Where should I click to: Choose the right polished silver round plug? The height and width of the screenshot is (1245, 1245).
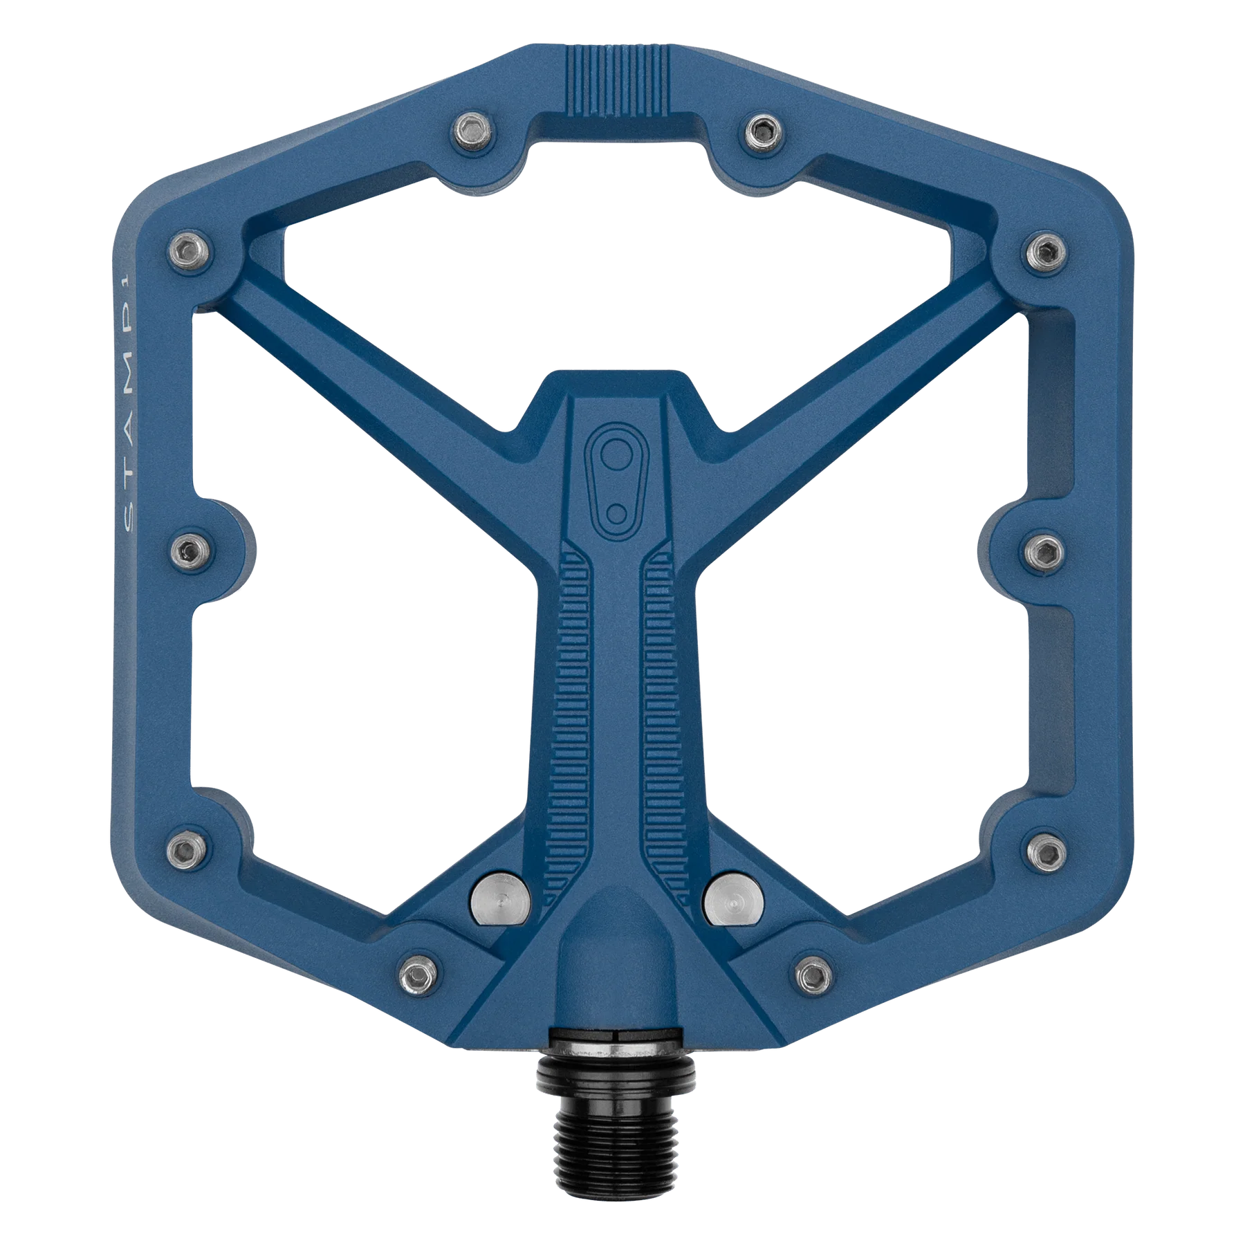[732, 900]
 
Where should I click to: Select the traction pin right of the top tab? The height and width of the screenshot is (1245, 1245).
[764, 131]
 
